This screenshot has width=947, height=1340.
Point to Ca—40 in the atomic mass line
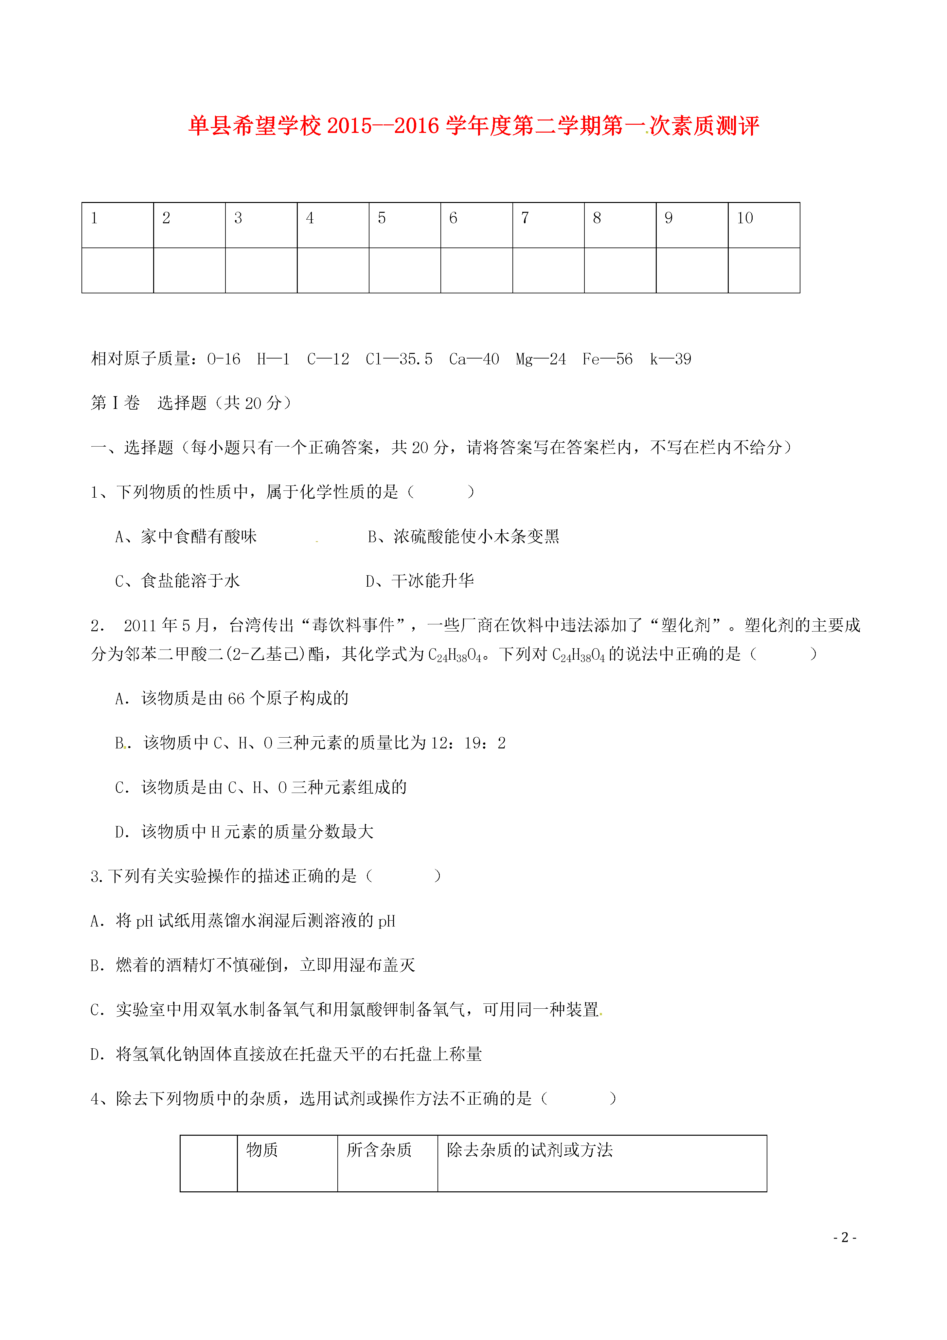click(x=474, y=359)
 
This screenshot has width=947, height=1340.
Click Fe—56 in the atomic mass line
click(x=607, y=359)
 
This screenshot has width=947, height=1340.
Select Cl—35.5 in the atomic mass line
click(x=399, y=359)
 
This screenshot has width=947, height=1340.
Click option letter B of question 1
click(x=373, y=536)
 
